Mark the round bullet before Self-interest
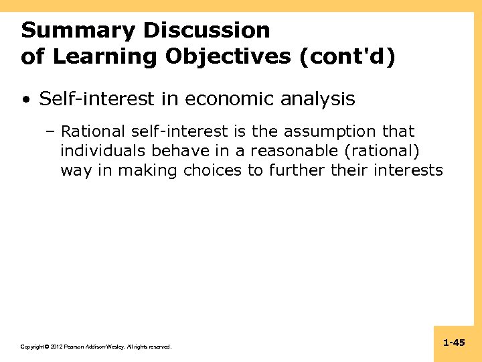pyautogui.click(x=25, y=100)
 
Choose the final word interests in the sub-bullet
pyautogui.click(x=409, y=170)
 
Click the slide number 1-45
pyautogui.click(x=454, y=343)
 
